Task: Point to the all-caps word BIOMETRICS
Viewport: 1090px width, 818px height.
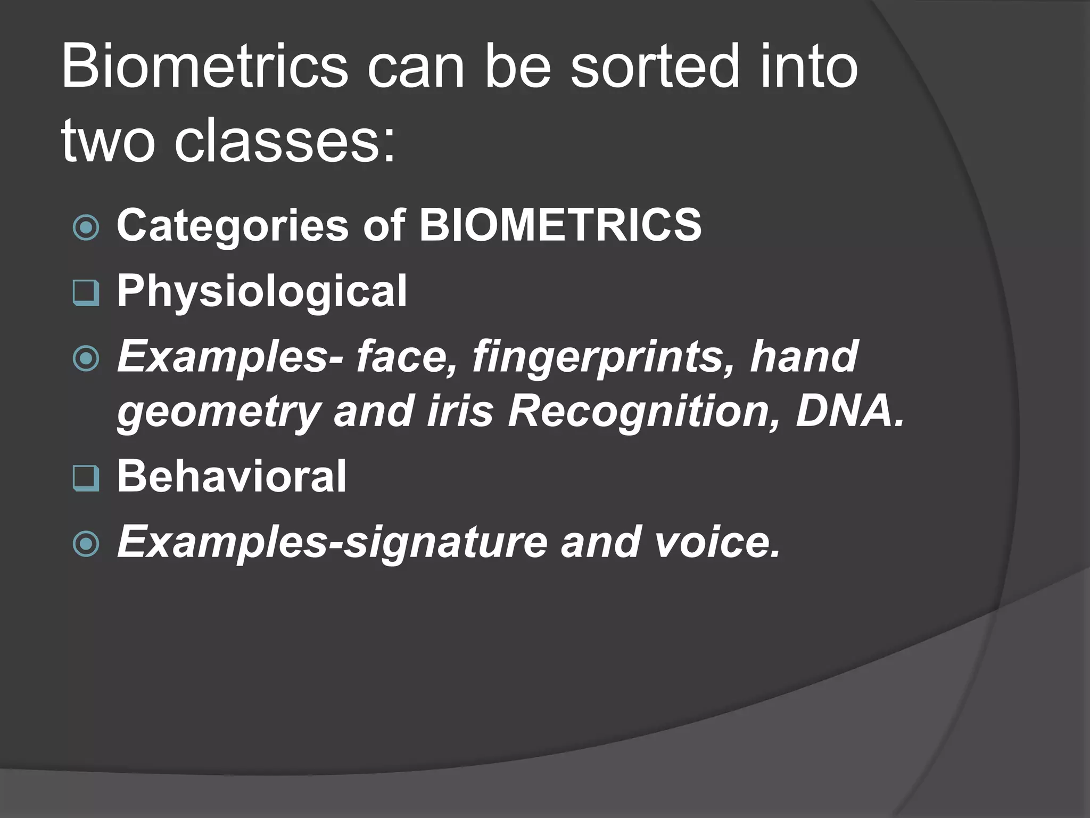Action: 560,225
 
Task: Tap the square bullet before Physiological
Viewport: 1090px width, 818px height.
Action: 86,293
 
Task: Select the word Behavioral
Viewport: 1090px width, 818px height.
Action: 232,476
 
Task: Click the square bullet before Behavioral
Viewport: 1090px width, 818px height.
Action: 86,478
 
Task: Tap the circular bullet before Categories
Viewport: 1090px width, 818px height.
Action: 86,228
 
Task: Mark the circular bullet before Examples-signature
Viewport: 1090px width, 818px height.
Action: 86,544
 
